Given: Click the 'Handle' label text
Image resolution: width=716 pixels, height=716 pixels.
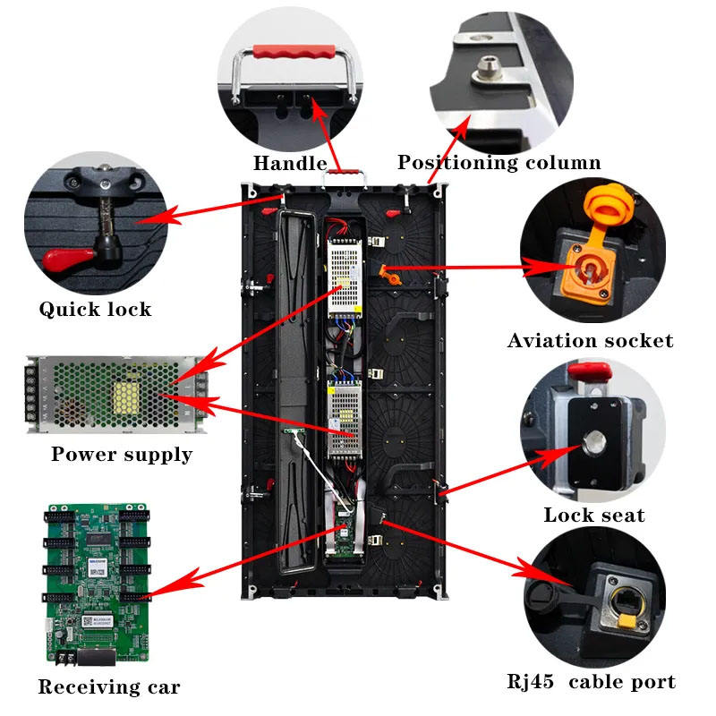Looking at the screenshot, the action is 290,163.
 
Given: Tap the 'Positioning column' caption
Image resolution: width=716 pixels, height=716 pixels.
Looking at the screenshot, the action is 499,163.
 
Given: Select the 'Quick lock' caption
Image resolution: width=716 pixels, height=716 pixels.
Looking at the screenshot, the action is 95,309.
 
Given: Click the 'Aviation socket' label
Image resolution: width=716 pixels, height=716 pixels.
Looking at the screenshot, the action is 590,341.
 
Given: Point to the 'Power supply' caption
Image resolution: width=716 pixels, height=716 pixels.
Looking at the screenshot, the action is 122,455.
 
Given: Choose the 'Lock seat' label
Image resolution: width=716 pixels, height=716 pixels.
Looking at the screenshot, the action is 594,516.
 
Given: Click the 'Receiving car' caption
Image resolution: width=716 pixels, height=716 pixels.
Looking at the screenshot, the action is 108,687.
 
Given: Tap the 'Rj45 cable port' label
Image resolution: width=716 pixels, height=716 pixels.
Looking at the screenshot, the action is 591,682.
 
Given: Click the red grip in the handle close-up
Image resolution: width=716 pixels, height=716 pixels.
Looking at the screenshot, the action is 294,51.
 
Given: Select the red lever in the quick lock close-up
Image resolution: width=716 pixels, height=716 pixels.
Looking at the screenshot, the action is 68,259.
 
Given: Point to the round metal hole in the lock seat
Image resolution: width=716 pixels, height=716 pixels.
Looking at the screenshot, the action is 594,442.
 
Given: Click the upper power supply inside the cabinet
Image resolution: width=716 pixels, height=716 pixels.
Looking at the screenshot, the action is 345,279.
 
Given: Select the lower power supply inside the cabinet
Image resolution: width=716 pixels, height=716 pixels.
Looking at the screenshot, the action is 345,419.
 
